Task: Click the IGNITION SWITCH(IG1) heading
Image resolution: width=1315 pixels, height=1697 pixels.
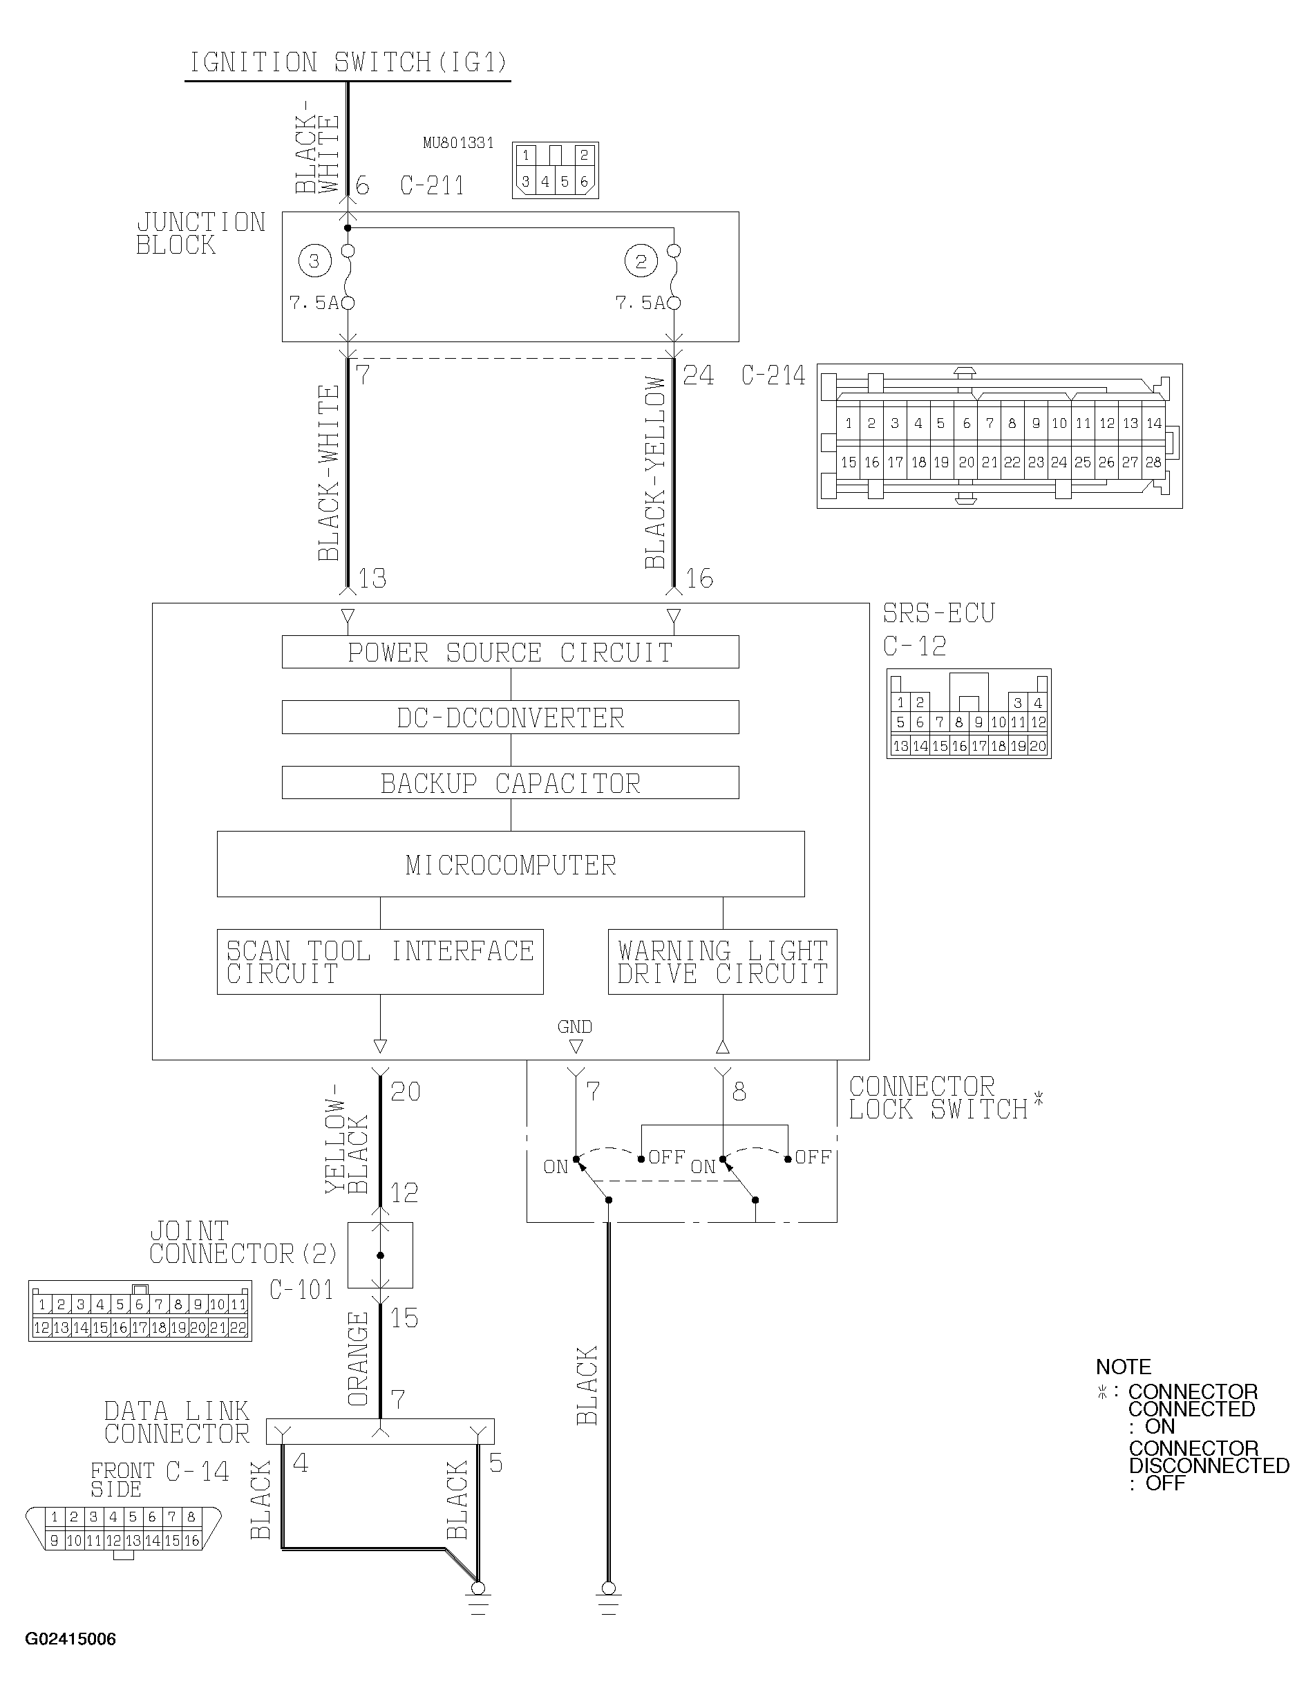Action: pos(348,62)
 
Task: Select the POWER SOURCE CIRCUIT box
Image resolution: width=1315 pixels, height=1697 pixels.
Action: pos(509,652)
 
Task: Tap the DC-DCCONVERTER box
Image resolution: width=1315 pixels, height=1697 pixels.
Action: pos(509,718)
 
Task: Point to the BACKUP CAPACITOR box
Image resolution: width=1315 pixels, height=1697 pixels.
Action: pos(509,782)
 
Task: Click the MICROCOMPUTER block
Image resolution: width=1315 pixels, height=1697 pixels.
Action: pos(509,864)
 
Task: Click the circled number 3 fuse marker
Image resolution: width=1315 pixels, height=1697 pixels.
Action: pos(314,261)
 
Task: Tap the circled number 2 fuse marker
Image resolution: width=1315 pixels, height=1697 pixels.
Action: pos(641,261)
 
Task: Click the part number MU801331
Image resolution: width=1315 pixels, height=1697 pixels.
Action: pos(457,143)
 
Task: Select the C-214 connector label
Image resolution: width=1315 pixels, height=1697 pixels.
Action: pos(773,376)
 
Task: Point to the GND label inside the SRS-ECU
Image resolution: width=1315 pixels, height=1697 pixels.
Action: pos(575,1026)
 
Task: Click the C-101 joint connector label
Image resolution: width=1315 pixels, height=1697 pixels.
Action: pos(301,1290)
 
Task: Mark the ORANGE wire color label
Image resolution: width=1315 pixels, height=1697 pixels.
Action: pos(358,1358)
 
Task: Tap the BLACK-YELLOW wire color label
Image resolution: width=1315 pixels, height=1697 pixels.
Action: pos(656,472)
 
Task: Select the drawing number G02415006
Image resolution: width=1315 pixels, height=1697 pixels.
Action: pos(70,1639)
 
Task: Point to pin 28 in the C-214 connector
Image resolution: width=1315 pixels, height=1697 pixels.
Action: pos(1153,462)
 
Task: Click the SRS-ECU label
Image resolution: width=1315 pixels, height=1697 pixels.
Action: pos(938,614)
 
